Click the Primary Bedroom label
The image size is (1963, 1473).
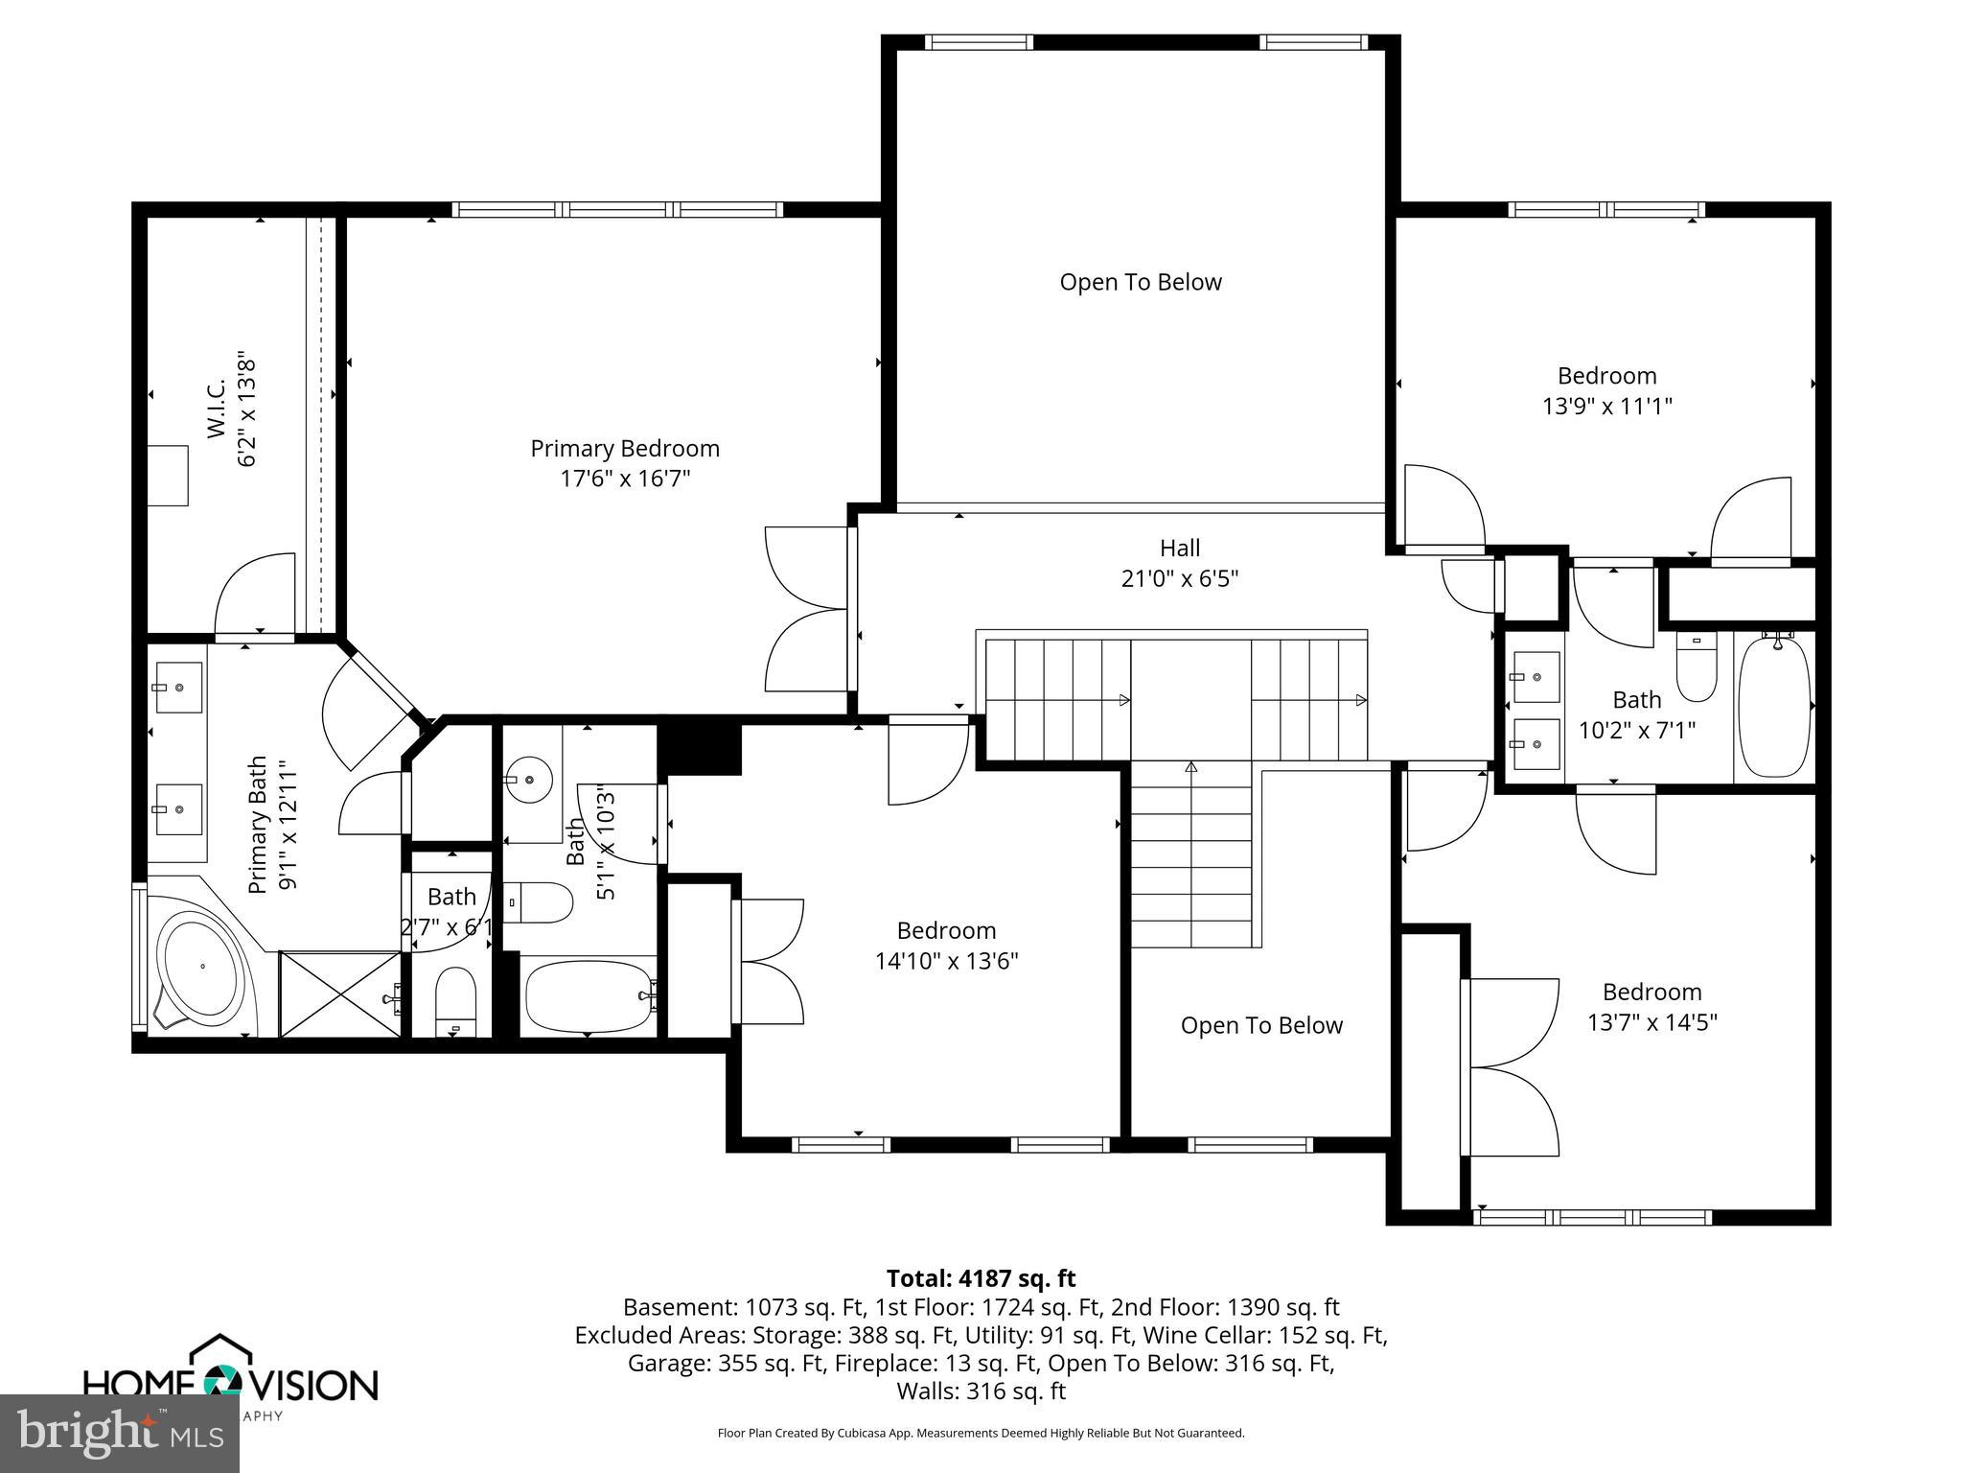click(625, 449)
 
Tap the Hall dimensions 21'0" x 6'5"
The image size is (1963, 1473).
click(1179, 579)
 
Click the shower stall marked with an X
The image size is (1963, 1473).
click(339, 994)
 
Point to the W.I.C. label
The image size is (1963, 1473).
click(218, 409)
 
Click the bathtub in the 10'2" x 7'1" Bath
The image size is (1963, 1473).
click(1774, 706)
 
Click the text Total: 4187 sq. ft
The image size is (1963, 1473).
click(981, 1278)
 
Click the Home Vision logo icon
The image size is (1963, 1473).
click(223, 1381)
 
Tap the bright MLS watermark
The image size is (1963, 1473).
click(120, 1434)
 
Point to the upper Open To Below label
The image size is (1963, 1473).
click(1140, 282)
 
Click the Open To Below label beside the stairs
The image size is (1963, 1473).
click(1260, 1025)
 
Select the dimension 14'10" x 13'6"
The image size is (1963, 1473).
click(946, 961)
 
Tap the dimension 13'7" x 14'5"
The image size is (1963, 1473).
click(1651, 1022)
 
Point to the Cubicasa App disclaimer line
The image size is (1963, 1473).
click(981, 1434)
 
